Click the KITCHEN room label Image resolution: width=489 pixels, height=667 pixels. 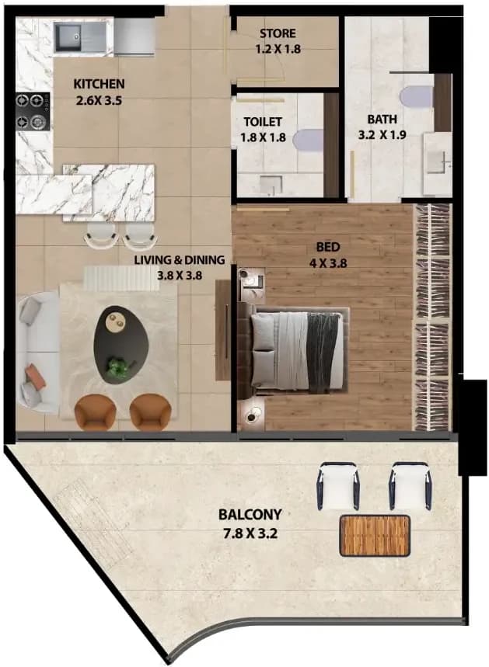click(100, 84)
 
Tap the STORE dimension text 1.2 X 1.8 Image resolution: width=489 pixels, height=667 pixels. click(278, 49)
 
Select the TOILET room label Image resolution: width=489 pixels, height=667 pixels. click(263, 122)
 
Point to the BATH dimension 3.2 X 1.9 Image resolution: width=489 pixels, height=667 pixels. click(382, 135)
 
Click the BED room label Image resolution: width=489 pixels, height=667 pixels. click(328, 247)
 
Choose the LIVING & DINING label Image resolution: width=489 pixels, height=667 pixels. click(180, 259)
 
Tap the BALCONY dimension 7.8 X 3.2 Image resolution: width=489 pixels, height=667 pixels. click(250, 533)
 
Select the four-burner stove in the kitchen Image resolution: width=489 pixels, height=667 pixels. click(33, 112)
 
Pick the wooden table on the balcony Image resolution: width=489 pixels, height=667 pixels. click(375, 536)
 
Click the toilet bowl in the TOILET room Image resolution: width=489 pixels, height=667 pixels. click(309, 141)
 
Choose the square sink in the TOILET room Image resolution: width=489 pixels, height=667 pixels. click(271, 185)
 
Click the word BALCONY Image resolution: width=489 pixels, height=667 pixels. click(250, 514)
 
